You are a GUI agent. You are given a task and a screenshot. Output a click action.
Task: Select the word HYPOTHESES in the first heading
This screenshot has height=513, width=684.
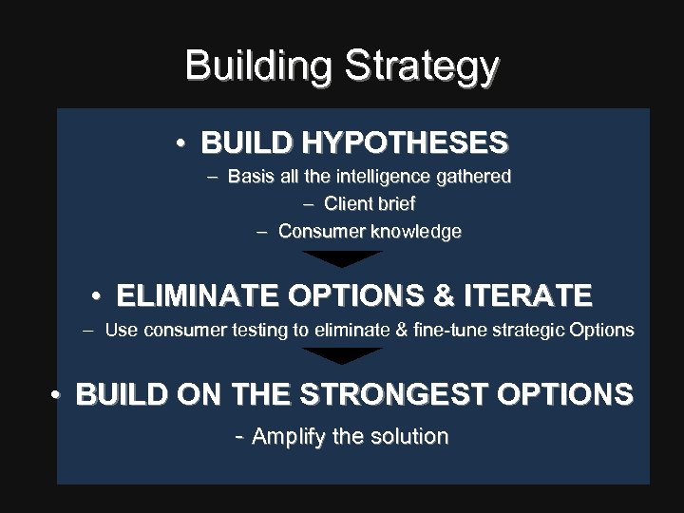[x=405, y=143]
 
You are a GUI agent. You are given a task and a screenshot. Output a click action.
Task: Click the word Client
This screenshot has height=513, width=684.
[x=348, y=204]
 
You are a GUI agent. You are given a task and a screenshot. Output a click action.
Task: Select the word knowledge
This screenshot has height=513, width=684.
[x=416, y=232]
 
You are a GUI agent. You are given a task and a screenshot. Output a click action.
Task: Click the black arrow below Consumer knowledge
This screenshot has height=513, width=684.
[x=342, y=258]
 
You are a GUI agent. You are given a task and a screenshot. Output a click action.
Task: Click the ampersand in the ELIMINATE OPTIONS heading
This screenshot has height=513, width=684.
[x=443, y=295]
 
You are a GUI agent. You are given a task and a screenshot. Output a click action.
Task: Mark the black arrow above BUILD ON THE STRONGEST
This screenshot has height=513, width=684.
[x=342, y=355]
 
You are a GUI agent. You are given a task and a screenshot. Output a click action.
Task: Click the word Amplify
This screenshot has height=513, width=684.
[x=289, y=437]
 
